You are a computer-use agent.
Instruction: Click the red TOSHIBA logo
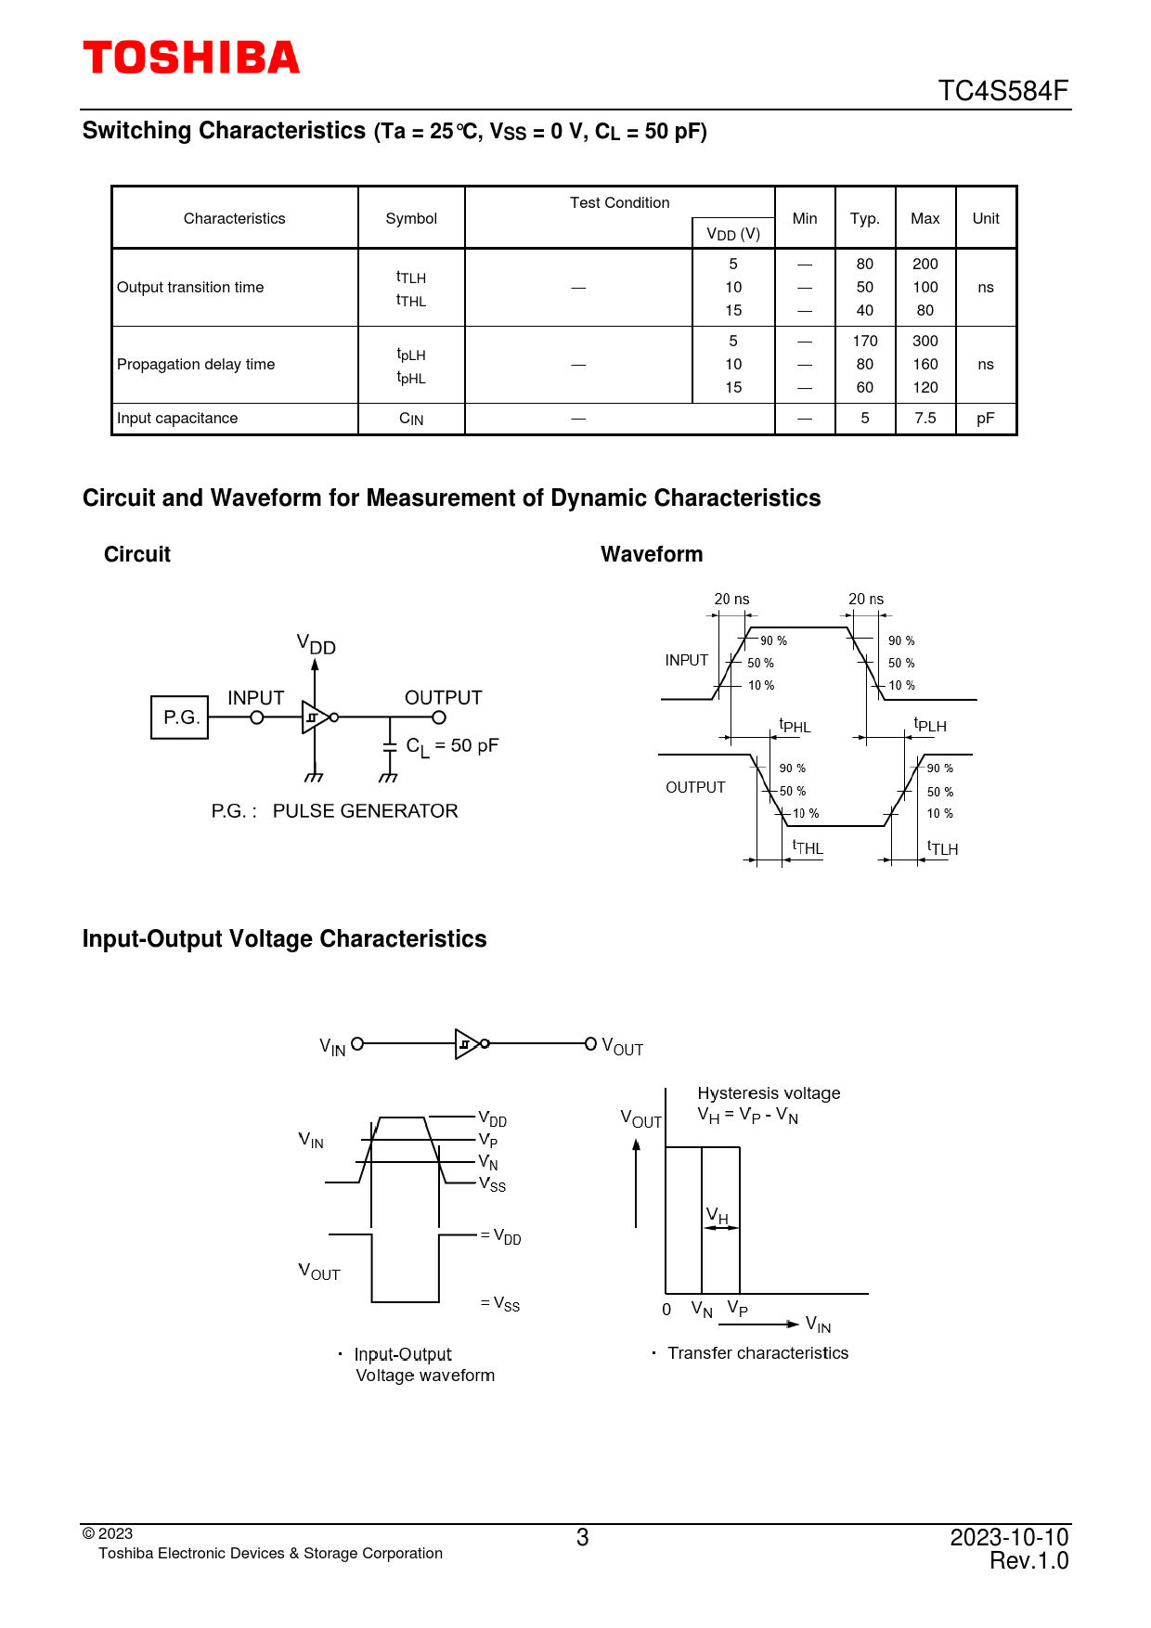coord(191,58)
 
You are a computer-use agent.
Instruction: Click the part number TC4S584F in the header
coord(1002,91)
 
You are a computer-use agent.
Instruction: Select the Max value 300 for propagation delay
coord(925,342)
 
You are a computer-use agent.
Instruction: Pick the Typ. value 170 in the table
coord(864,342)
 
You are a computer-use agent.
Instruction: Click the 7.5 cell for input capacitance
coord(925,419)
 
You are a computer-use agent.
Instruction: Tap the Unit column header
coord(985,219)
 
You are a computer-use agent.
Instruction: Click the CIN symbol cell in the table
coord(411,420)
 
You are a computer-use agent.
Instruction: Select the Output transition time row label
coord(190,288)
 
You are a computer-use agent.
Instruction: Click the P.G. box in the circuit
coord(180,717)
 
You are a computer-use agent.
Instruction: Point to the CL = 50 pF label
coord(452,746)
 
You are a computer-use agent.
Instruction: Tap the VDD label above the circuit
coord(316,644)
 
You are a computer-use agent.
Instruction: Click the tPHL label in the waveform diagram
coord(795,726)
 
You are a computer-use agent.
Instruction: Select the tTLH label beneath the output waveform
coord(942,847)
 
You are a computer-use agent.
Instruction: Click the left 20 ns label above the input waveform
coord(731,600)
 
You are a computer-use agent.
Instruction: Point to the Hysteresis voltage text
coord(769,1093)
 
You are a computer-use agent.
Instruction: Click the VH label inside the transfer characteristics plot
coord(718,1215)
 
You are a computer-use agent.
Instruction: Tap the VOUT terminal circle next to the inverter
coord(590,1044)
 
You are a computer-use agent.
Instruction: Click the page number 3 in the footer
coord(582,1538)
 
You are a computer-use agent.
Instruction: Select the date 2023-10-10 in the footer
coord(1008,1538)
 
